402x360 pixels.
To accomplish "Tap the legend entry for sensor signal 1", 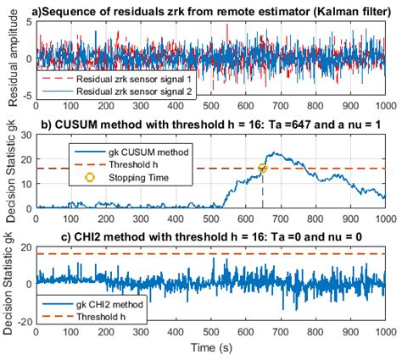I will pos(139,77).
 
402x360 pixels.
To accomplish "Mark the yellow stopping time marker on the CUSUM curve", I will pos(263,168).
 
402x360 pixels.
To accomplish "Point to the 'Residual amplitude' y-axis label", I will pos(10,59).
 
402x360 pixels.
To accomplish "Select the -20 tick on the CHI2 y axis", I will pos(24,322).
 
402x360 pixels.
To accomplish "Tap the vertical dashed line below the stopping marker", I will pos(263,191).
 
